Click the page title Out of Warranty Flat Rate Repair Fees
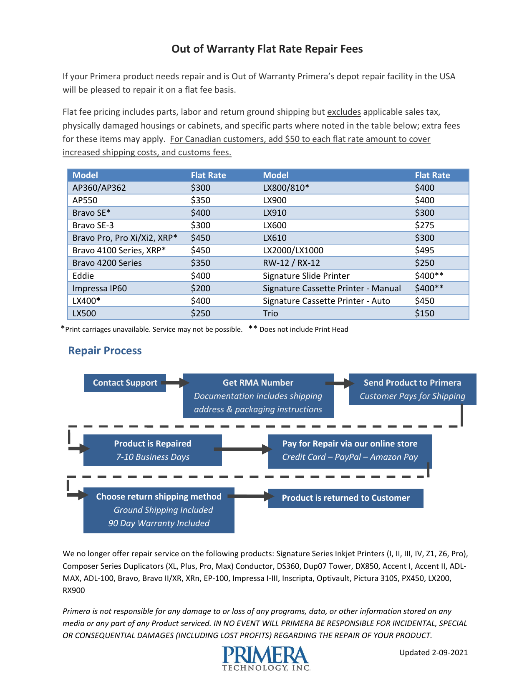267,49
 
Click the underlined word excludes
344,112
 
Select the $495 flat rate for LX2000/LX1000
424,250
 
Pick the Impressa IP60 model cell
99,288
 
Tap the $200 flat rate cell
201,288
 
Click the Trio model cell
270,313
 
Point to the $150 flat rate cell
424,313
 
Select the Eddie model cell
83,276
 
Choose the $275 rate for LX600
424,225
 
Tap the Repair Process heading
105,351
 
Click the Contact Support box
125,383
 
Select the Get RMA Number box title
258,383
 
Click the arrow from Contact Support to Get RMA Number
175,383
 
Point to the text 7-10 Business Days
153,457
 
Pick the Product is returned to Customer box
345,498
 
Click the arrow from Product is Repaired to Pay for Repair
244,449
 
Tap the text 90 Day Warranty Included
159,523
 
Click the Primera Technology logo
266,658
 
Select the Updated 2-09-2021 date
433,652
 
